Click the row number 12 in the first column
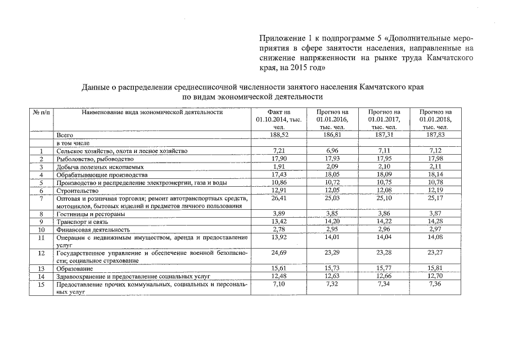click(42, 254)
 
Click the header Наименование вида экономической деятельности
click(152, 112)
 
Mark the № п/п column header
click(42, 112)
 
